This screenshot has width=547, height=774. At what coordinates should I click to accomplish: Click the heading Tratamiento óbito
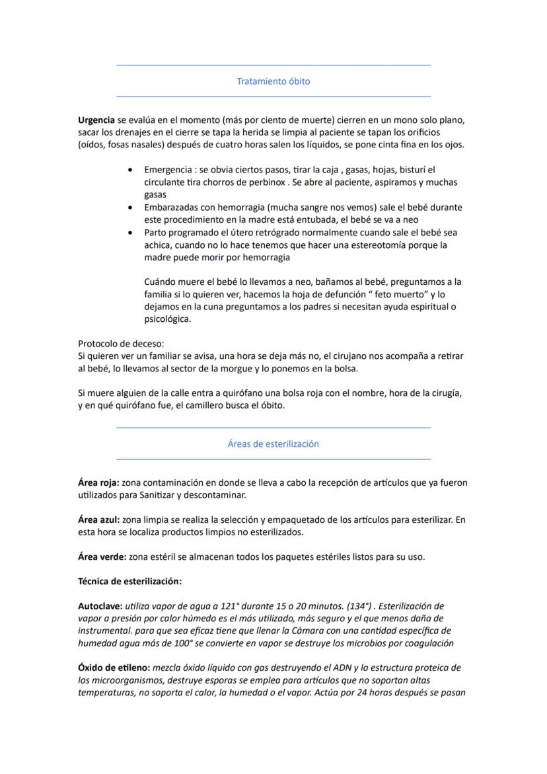[273, 81]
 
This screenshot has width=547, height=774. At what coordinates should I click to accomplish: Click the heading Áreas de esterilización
[273, 444]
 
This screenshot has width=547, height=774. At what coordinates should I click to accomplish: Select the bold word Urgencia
[96, 120]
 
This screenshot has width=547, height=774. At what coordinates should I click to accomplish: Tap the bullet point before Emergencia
[131, 170]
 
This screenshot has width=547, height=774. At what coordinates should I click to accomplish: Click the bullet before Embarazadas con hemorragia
[131, 208]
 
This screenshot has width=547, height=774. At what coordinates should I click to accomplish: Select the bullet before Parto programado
[131, 233]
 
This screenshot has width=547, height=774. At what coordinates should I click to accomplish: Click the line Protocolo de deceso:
[121, 343]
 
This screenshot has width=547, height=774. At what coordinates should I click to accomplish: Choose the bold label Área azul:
[98, 520]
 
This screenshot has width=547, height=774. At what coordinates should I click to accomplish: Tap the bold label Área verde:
[102, 557]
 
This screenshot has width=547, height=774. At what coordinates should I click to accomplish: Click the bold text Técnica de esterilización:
[129, 581]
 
